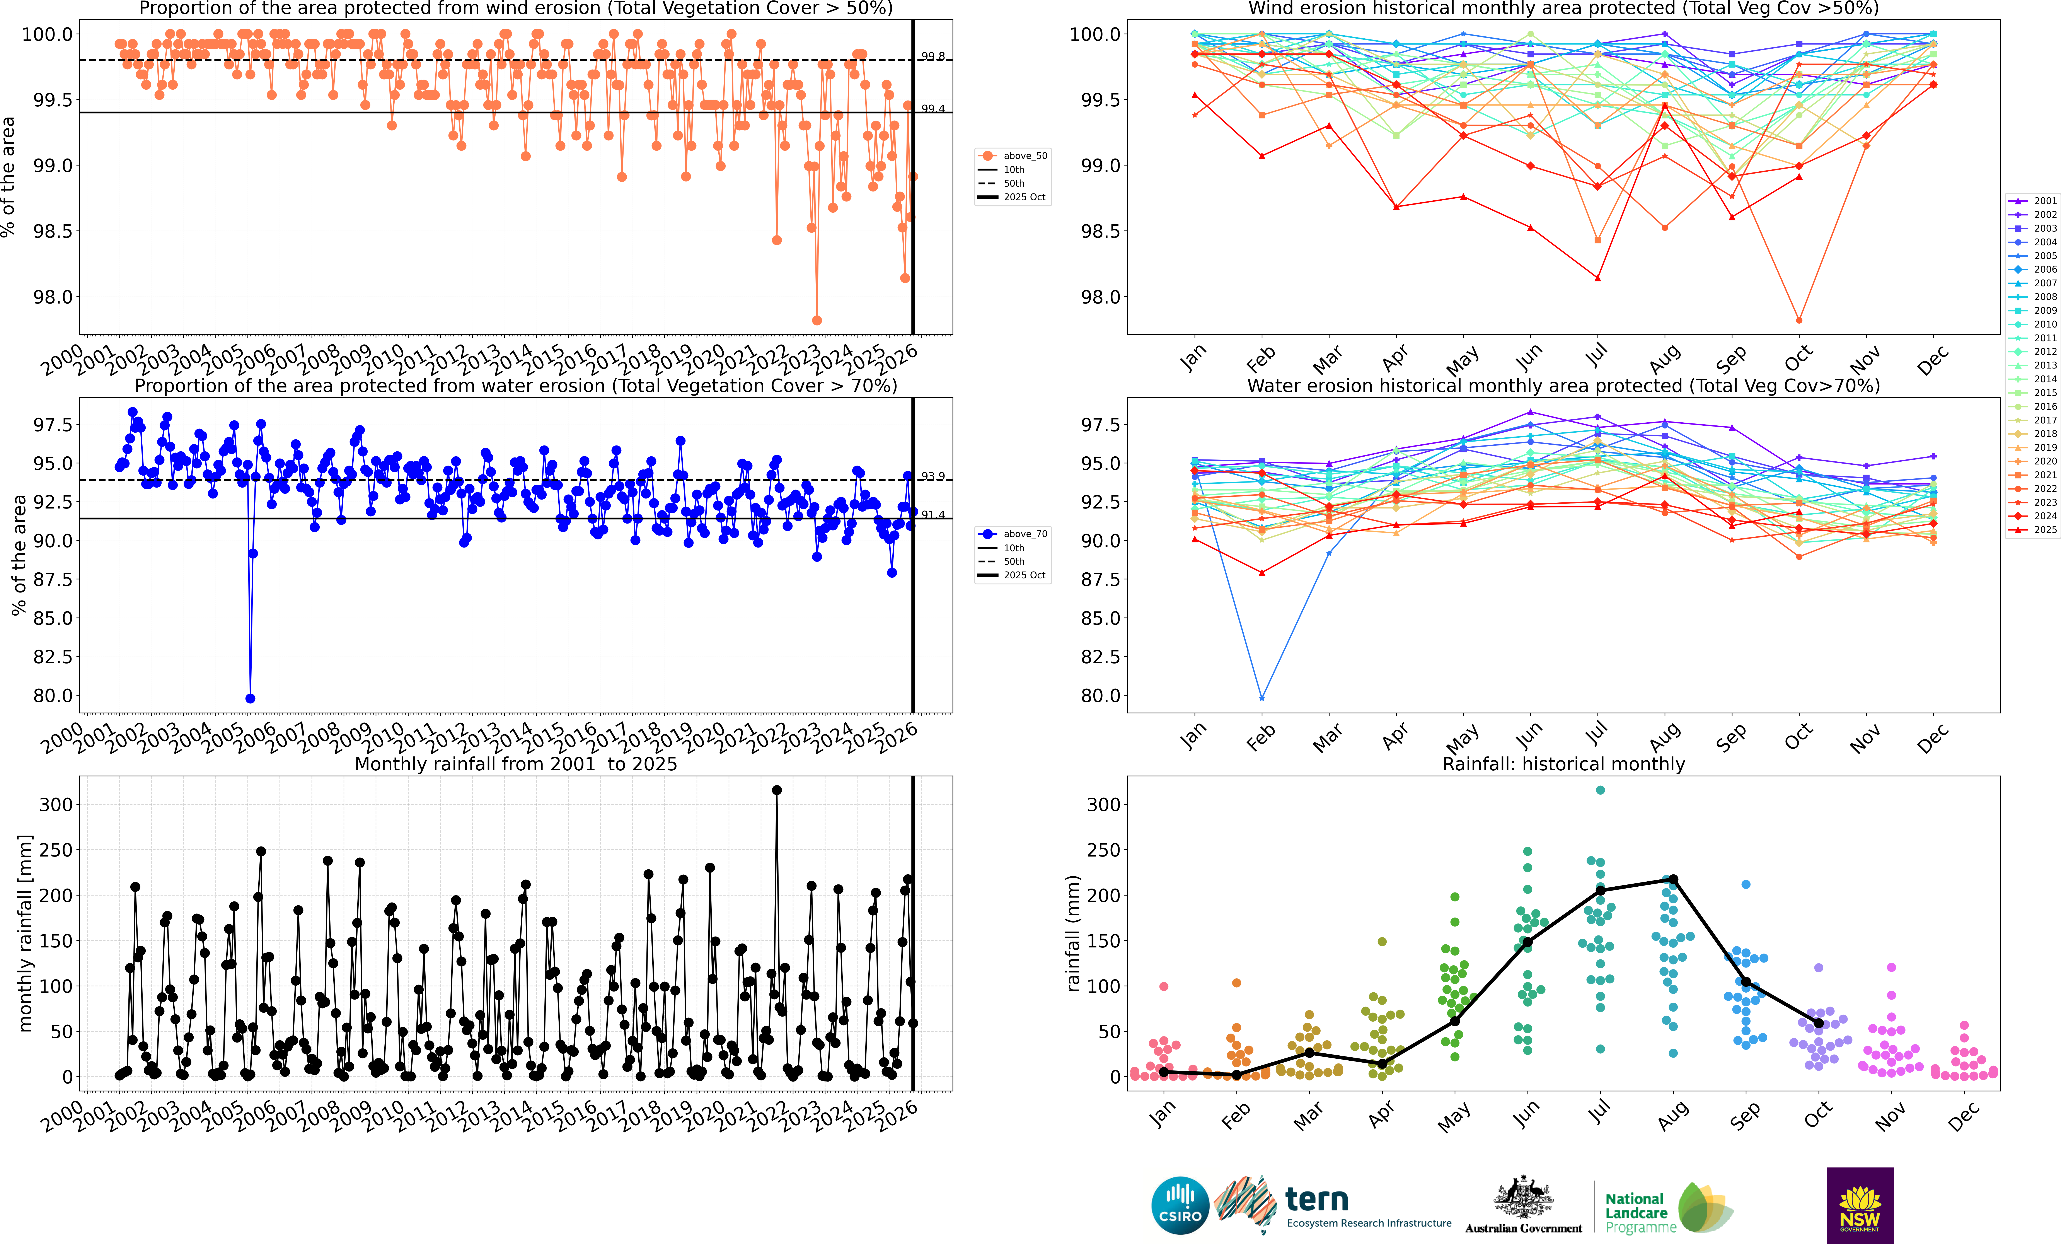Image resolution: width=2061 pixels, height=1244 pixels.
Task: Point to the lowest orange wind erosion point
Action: coord(816,320)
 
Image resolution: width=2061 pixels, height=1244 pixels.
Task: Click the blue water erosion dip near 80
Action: coord(250,699)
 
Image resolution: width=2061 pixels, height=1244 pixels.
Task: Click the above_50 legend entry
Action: coord(1014,156)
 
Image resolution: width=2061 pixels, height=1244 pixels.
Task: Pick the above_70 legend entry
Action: coord(1014,534)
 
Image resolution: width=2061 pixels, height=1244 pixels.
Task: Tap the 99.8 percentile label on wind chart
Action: coord(933,56)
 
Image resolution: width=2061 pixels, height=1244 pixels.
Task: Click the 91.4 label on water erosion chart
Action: coord(933,514)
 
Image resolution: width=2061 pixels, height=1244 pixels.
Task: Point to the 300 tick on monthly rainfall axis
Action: coord(56,805)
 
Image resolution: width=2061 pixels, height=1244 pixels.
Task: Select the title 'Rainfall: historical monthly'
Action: coord(1563,764)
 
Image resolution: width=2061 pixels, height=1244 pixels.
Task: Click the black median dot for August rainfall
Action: coord(1673,879)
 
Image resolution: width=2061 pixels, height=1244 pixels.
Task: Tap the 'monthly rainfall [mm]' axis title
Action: coord(25,933)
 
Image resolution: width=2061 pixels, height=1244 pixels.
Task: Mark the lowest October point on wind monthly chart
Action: coord(1798,320)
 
